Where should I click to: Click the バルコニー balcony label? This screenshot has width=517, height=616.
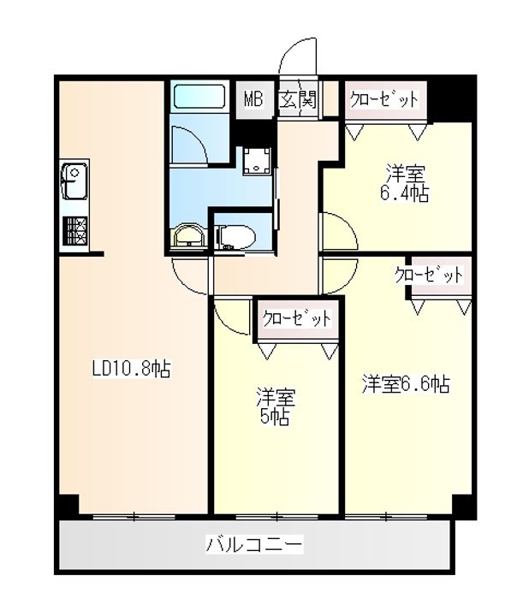tap(253, 544)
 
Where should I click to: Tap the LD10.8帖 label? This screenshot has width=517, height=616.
tap(131, 370)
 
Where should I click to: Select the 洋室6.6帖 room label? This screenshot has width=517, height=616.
tap(405, 385)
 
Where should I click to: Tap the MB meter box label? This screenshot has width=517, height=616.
tap(253, 100)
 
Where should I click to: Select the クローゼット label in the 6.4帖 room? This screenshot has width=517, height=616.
tap(384, 99)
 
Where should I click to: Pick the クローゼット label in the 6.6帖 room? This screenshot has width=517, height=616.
tap(429, 275)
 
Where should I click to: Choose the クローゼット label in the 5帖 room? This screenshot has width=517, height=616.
tap(297, 319)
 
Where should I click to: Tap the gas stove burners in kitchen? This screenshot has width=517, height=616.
tap(74, 231)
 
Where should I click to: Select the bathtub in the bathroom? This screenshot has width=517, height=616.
tap(198, 96)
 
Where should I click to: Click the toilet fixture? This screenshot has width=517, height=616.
tap(234, 234)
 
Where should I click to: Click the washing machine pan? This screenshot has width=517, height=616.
tap(255, 160)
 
